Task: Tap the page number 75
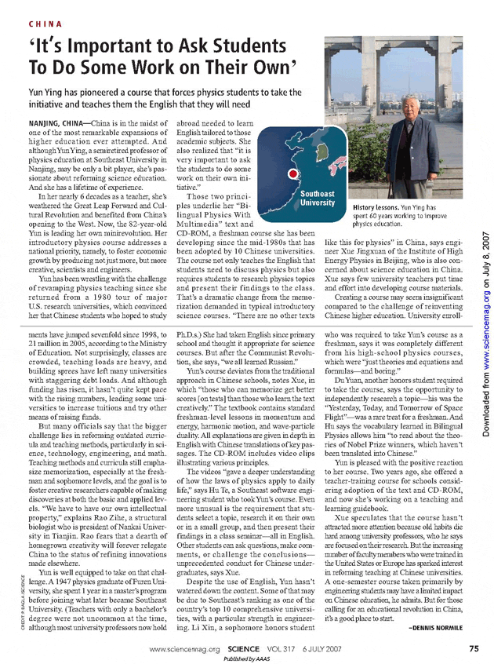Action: tap(474, 648)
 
